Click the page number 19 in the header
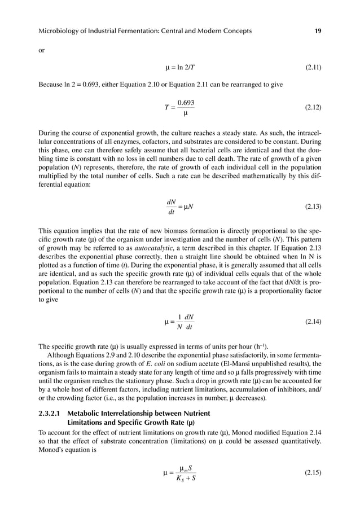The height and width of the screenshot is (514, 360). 318,30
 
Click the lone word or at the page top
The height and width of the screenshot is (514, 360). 41,51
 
